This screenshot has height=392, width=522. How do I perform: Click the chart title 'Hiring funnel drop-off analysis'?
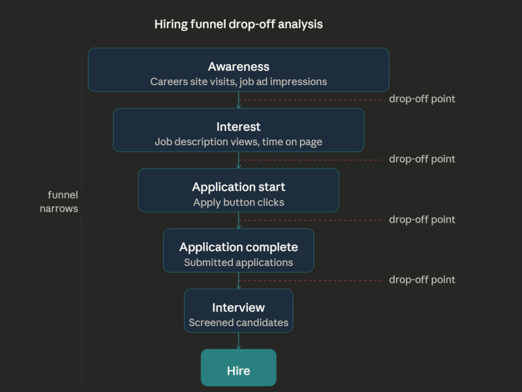[x=239, y=25]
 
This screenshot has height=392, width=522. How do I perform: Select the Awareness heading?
[x=239, y=67]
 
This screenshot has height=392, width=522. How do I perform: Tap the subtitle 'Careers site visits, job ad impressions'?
[x=239, y=82]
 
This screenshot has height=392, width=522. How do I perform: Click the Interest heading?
[x=239, y=126]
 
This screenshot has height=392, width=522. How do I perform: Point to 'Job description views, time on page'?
[x=239, y=142]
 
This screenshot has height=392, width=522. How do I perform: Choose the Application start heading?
[x=239, y=187]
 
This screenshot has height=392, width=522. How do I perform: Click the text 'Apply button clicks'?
[x=239, y=202]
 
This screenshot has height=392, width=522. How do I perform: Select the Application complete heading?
[x=239, y=247]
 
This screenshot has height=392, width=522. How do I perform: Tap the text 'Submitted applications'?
[x=239, y=263]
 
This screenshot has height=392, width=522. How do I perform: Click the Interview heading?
[x=239, y=308]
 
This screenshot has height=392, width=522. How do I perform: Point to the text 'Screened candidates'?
[x=239, y=322]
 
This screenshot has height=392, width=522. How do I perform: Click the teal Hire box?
[x=239, y=367]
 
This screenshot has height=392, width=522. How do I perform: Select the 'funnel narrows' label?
[x=59, y=202]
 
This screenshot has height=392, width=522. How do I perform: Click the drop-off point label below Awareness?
[x=422, y=99]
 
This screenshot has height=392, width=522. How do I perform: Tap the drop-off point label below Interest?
[x=422, y=159]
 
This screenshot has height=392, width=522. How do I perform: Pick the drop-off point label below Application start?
[x=422, y=220]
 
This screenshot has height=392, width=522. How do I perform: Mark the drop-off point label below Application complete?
[x=422, y=280]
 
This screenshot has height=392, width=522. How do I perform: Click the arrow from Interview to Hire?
[x=239, y=341]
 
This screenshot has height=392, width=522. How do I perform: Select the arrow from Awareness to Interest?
[x=239, y=100]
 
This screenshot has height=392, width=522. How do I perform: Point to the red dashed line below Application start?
[x=311, y=221]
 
